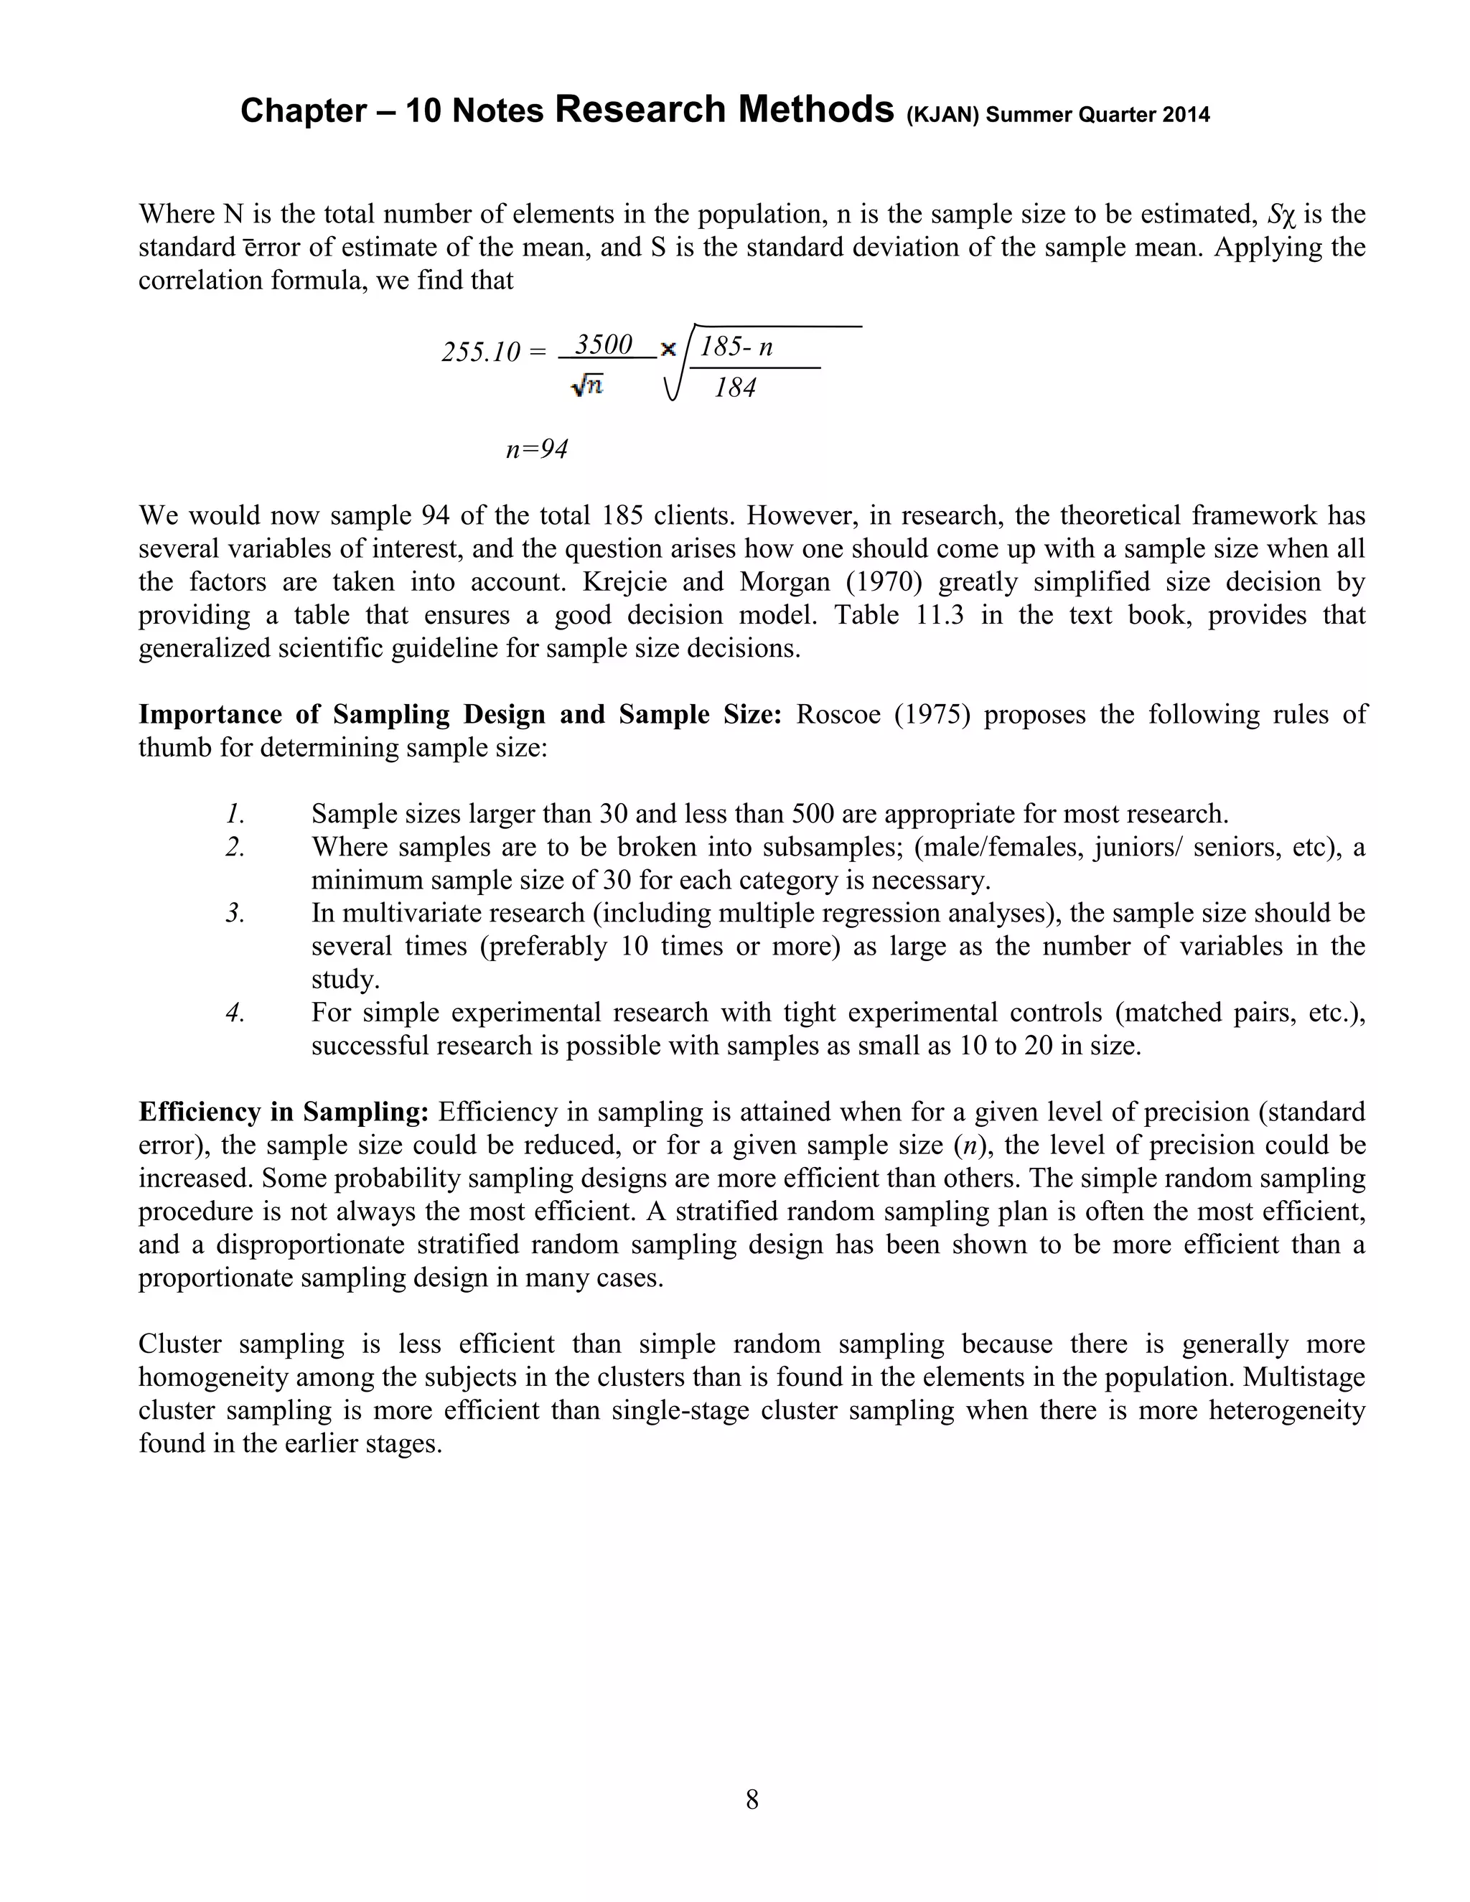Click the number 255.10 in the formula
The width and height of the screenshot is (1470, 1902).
pyautogui.click(x=481, y=352)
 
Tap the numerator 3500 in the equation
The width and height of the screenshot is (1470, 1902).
pyautogui.click(x=604, y=345)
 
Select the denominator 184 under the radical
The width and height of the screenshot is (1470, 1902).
pyautogui.click(x=735, y=388)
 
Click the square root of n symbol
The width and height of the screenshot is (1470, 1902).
pyautogui.click(x=587, y=386)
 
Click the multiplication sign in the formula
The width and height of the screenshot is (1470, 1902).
pyautogui.click(x=669, y=350)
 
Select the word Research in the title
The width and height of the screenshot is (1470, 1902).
pyautogui.click(x=640, y=110)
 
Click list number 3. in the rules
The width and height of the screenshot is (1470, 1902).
pyautogui.click(x=235, y=913)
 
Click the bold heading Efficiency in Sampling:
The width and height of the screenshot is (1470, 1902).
pyautogui.click(x=284, y=1112)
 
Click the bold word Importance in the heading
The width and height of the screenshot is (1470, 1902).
pyautogui.click(x=209, y=714)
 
